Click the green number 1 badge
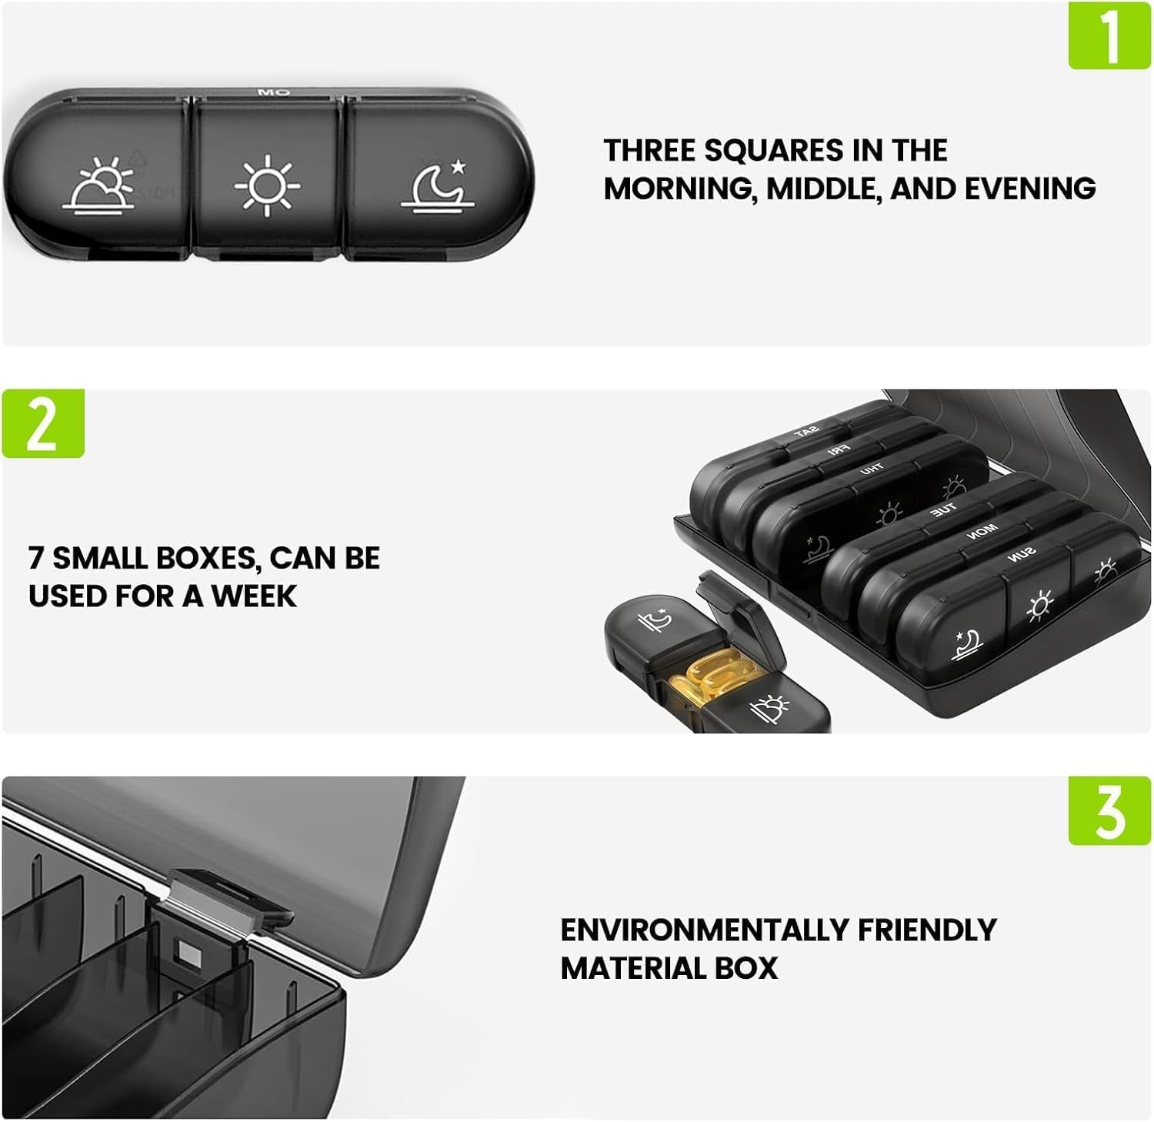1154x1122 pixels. coord(1109,35)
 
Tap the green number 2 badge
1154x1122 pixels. coord(43,424)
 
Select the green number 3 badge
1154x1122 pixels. coord(1109,811)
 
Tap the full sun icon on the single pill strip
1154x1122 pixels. coord(267,185)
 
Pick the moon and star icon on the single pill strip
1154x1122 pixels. coord(437,185)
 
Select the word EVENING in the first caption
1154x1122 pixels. coord(1029,189)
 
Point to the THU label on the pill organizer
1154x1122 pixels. coord(871,469)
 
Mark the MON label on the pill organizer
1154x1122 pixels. coord(982,529)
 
